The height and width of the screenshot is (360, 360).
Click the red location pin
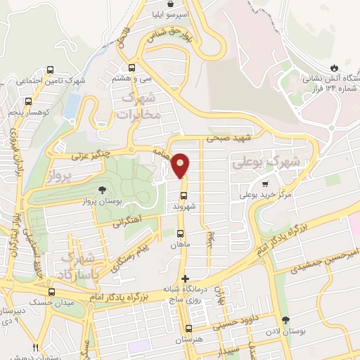click(x=181, y=165)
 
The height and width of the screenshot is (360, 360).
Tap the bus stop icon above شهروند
click(x=184, y=196)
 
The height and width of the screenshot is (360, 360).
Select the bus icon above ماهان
click(x=181, y=234)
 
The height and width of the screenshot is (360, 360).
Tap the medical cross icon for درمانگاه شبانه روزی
click(x=185, y=279)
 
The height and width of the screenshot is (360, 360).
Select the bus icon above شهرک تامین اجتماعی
click(x=50, y=70)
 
